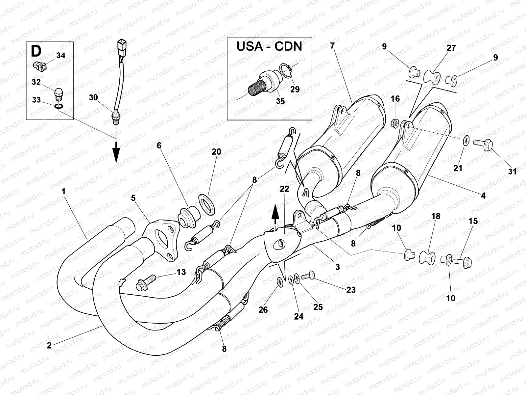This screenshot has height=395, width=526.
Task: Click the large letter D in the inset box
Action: click(x=36, y=52)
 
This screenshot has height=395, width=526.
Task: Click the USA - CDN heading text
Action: click(x=269, y=46)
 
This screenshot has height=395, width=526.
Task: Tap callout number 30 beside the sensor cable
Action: click(x=93, y=97)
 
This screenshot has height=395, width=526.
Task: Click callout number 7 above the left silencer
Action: click(x=332, y=46)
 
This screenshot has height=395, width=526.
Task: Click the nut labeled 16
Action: click(x=395, y=124)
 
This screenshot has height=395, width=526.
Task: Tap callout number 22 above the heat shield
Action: click(x=284, y=189)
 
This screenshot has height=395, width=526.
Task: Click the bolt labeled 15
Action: click(x=463, y=262)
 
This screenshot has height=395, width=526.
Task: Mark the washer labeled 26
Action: click(x=280, y=282)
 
